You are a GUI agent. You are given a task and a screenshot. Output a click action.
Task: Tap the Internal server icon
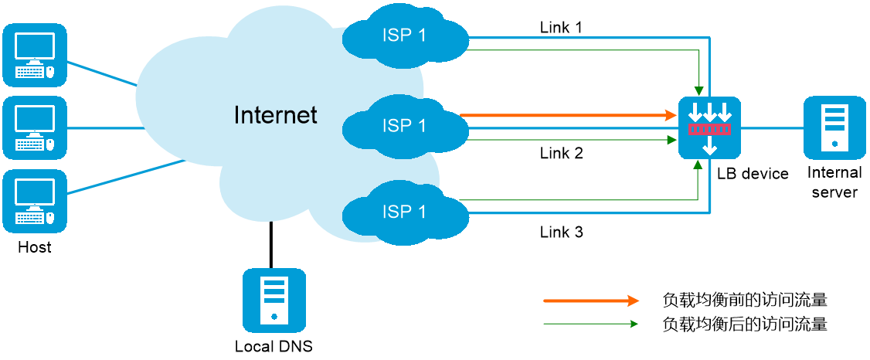[834, 127]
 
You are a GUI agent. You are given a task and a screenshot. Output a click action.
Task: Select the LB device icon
[710, 127]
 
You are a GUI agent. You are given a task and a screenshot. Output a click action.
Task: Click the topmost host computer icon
[35, 54]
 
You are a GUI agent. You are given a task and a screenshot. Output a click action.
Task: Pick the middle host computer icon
[35, 127]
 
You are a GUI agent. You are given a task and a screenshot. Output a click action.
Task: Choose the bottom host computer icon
[35, 201]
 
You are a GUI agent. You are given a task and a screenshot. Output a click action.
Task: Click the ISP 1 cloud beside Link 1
[406, 37]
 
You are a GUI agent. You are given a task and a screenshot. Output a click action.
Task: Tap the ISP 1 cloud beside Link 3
[406, 212]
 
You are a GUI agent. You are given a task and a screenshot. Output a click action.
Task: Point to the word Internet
[276, 115]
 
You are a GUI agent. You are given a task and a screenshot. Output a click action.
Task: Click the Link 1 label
[562, 27]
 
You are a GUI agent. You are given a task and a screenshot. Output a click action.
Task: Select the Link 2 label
[562, 153]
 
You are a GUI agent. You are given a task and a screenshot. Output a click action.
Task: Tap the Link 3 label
[562, 232]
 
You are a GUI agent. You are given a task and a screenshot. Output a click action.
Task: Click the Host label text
[35, 247]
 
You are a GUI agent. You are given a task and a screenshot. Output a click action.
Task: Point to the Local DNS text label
[274, 347]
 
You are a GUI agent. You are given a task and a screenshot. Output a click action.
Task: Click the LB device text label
[753, 174]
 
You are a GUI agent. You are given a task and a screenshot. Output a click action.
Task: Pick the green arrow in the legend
[592, 324]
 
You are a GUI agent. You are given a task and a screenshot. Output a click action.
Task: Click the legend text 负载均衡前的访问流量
[745, 301]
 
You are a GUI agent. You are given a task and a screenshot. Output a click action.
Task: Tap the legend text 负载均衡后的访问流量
[745, 324]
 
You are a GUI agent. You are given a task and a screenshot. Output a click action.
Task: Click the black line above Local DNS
[270, 245]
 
